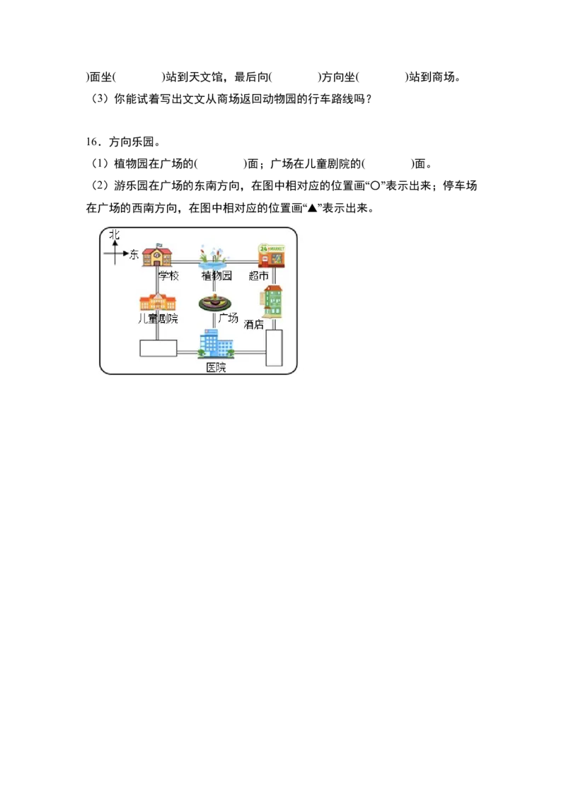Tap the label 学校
168,276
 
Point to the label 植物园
216,276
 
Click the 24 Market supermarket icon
272,255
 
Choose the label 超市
259,276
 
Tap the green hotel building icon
272,301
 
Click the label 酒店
253,324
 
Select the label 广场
228,318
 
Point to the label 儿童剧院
158,319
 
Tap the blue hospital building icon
215,345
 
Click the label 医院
216,367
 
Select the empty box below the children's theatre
158,348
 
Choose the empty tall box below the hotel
274,347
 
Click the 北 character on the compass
115,234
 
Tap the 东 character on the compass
134,255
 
